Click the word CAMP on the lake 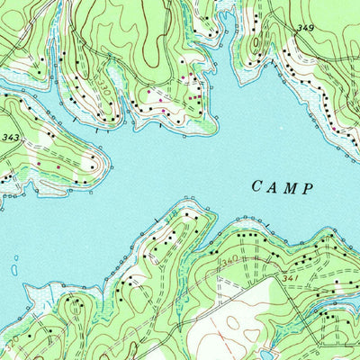(283, 187)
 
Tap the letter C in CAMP (256, 187)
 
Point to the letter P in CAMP (308, 187)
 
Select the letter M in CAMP (291, 187)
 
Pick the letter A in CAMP (274, 187)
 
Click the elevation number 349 (306, 29)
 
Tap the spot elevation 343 (11, 137)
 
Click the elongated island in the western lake (15, 269)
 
